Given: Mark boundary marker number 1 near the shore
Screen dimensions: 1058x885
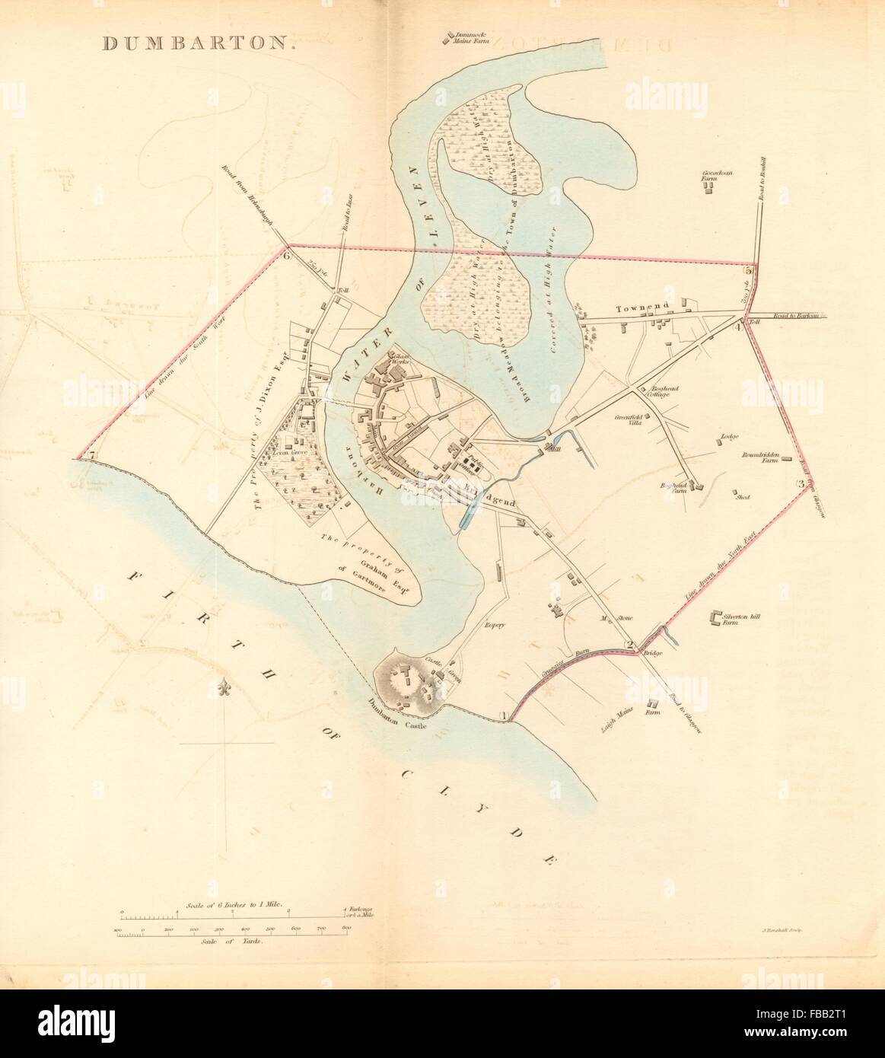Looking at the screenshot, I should click(502, 715).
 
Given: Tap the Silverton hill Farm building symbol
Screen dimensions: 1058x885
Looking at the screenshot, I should click(715, 619).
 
